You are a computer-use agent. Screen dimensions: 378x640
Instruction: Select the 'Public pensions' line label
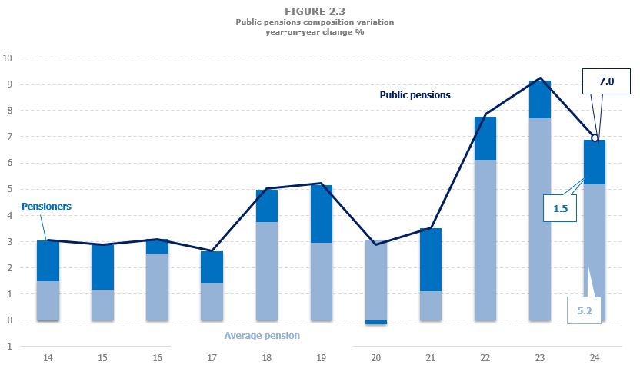(415, 95)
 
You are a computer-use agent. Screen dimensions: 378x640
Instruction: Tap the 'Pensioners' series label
(46, 207)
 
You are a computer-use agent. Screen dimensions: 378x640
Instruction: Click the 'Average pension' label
(262, 336)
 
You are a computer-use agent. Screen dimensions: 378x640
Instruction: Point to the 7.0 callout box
(603, 81)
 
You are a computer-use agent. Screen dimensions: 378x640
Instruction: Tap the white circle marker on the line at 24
(595, 138)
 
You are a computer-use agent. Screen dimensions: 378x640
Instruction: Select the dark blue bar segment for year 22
(485, 138)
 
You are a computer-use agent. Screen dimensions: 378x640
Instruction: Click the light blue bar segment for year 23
(539, 219)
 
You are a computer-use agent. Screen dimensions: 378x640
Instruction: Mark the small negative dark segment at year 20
(376, 323)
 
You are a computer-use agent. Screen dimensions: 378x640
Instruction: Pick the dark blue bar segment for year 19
(322, 214)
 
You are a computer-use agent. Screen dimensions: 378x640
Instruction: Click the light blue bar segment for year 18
(267, 270)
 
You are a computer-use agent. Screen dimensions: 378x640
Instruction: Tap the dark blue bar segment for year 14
(48, 261)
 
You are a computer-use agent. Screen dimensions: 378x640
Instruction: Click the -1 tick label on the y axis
(8, 346)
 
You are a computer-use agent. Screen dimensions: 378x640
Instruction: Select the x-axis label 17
(212, 359)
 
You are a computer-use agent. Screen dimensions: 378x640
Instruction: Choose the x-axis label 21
(431, 359)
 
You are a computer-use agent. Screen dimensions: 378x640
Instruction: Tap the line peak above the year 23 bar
(539, 78)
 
